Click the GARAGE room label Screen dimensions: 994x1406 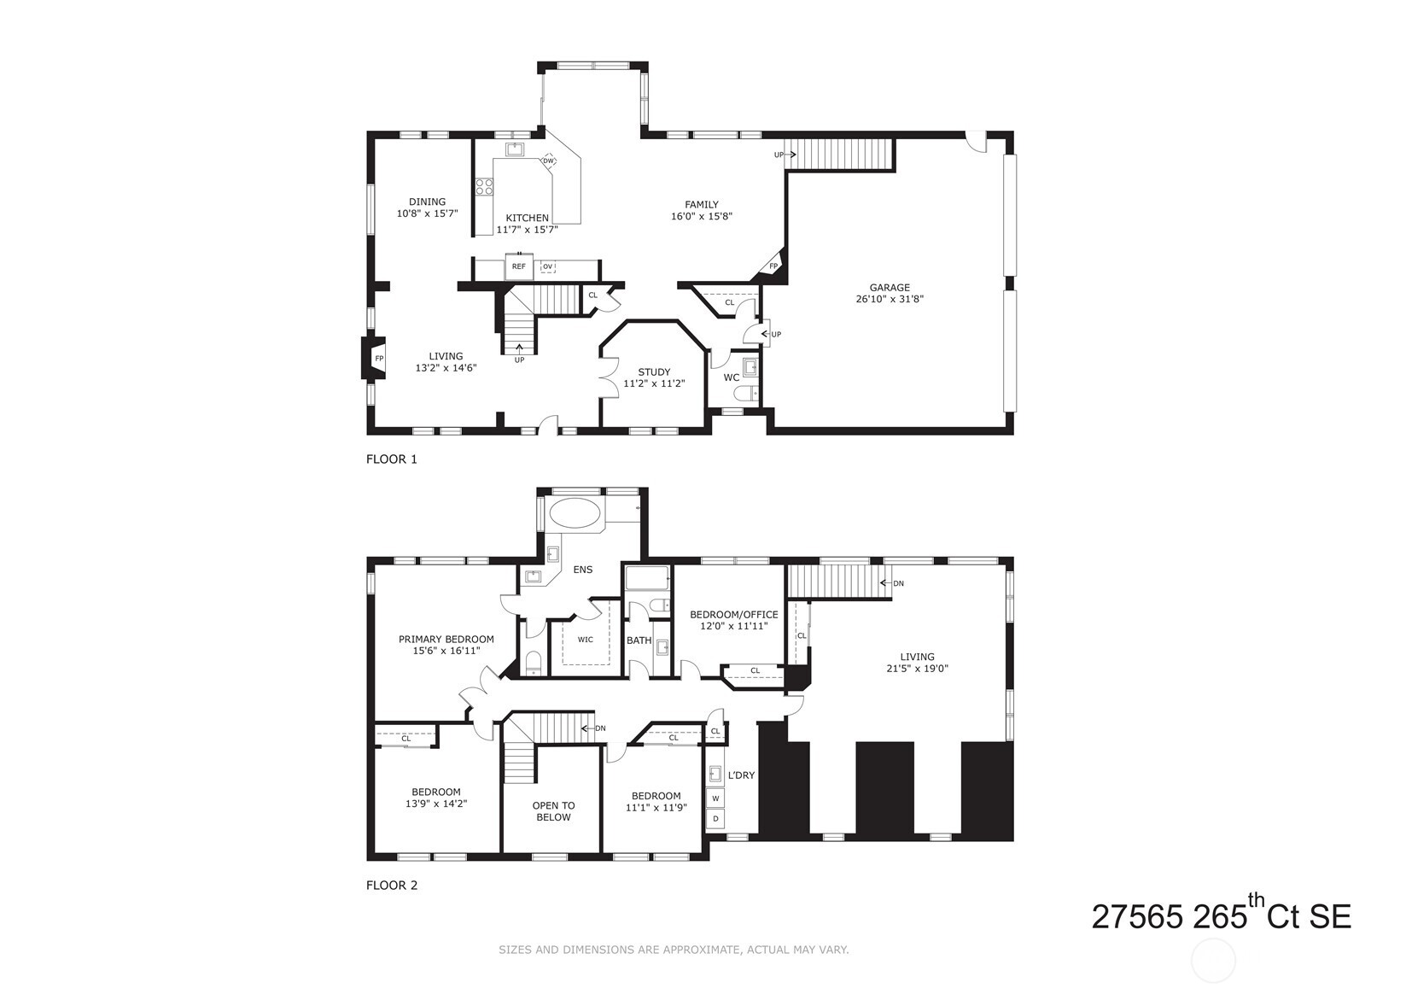point(890,288)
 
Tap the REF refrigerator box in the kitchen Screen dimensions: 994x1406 point(518,266)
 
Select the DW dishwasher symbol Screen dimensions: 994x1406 point(549,161)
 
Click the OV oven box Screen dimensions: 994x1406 point(547,266)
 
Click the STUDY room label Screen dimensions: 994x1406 point(654,372)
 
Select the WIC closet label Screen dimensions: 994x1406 point(585,640)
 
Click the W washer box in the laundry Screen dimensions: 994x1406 point(715,798)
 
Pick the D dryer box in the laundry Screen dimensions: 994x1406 point(715,819)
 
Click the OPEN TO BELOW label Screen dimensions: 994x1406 point(553,811)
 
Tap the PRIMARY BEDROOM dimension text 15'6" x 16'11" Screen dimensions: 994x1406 point(446,651)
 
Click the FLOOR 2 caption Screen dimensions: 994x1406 point(392,886)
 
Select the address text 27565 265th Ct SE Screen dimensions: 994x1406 point(1221,916)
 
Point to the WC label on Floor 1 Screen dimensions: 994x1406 point(732,377)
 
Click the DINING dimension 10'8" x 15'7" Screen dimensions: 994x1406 point(427,213)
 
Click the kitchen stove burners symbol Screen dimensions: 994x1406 point(485,186)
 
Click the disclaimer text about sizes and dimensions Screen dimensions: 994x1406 point(673,950)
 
